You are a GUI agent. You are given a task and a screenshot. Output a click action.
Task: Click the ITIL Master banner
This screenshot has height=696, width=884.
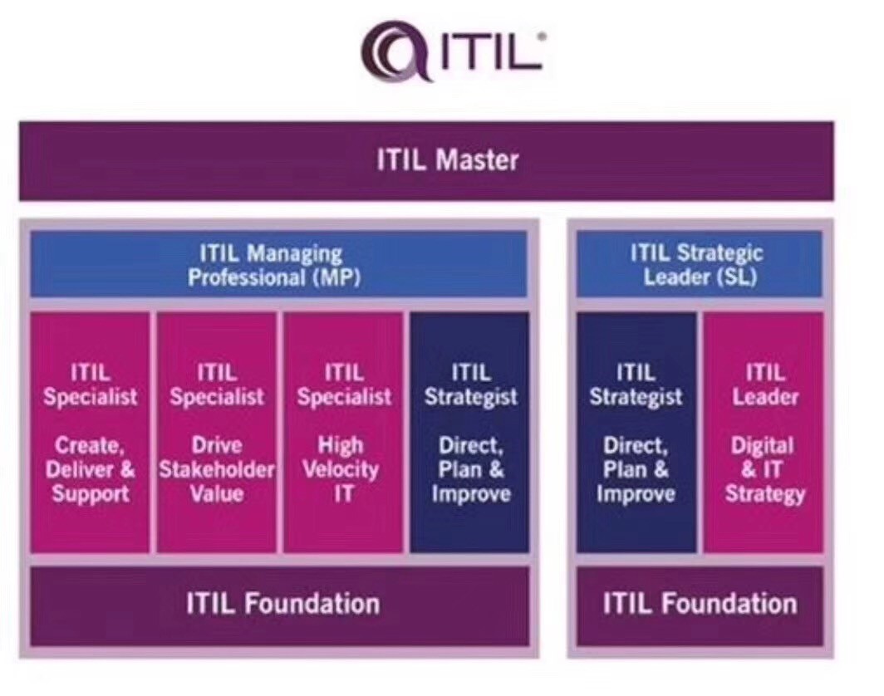(x=426, y=160)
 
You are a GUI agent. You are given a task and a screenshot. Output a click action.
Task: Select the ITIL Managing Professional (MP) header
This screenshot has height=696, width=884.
(x=278, y=264)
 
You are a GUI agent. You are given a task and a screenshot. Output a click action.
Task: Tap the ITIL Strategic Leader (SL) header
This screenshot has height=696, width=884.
(x=699, y=264)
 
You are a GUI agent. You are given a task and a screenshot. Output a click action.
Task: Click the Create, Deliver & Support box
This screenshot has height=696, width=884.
(x=91, y=432)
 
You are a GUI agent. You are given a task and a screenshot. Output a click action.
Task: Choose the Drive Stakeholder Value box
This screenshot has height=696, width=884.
(x=217, y=432)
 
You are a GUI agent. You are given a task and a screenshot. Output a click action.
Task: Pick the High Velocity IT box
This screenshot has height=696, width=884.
(x=344, y=432)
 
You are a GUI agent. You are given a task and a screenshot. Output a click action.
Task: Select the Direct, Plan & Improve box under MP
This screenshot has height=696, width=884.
(x=469, y=432)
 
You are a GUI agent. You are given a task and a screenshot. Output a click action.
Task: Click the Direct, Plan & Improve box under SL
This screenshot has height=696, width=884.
(x=636, y=432)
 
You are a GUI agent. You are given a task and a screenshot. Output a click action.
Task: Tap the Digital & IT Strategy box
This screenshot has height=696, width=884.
(x=764, y=432)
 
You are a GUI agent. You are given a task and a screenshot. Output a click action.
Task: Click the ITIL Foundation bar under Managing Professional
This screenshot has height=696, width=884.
(x=280, y=605)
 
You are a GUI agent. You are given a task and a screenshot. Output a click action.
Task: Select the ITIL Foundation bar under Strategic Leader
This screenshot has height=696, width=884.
(x=700, y=605)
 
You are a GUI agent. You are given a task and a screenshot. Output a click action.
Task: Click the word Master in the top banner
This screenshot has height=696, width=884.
(x=477, y=160)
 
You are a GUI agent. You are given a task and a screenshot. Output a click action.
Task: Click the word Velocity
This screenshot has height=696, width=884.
(x=341, y=470)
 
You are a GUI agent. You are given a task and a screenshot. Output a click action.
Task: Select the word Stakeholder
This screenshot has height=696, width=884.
(x=217, y=469)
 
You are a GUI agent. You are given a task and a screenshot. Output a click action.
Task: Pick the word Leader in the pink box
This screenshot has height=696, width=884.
(x=765, y=397)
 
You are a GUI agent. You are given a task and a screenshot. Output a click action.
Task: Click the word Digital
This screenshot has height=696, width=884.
(x=762, y=446)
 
